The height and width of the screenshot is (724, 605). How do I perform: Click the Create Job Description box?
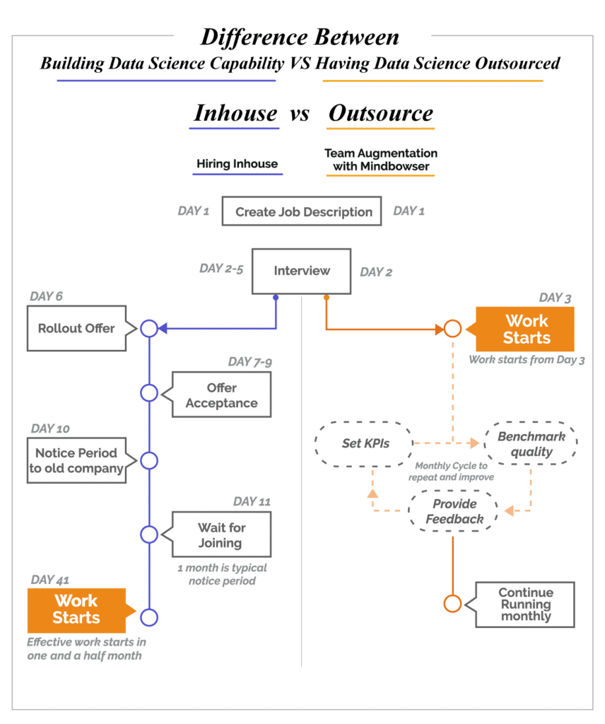302,211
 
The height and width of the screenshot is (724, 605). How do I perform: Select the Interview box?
302,271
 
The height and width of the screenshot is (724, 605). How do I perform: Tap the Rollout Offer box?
76,328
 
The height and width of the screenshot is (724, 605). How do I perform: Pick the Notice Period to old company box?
76,460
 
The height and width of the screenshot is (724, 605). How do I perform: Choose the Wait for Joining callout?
221,535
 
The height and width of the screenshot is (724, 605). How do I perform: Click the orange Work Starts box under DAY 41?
76,609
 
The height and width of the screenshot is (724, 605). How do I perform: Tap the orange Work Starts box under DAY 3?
526,329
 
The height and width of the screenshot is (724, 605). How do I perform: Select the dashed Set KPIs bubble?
363,444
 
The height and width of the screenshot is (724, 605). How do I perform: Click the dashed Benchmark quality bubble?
531,444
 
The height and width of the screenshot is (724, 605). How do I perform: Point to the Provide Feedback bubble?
454,511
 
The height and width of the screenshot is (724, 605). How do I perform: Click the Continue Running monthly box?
526,605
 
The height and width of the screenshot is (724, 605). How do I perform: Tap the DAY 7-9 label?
249,362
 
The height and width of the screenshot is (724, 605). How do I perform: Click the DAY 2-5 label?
221,269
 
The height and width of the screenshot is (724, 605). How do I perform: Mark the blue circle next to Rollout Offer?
149,328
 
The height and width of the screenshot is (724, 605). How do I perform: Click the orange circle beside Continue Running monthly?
452,604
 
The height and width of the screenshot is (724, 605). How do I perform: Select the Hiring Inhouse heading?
237,163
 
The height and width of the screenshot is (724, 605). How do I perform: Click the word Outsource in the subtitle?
381,113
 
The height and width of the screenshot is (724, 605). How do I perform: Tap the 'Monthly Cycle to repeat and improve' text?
451,472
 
